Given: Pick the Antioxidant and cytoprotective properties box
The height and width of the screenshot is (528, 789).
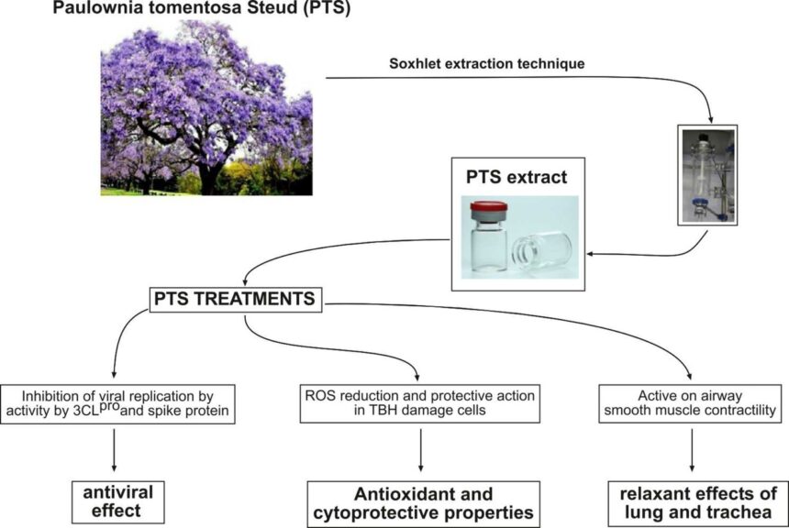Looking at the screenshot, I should coord(420,504).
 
